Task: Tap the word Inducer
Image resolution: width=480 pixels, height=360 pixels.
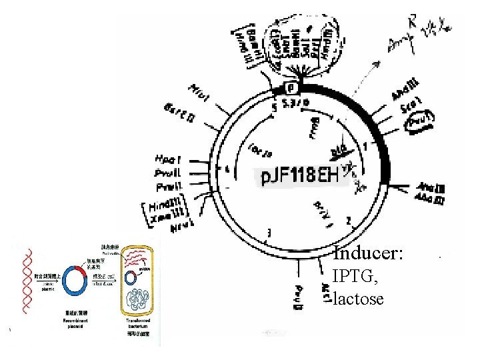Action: coord(368,254)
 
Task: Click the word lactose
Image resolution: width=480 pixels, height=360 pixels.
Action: coord(359,299)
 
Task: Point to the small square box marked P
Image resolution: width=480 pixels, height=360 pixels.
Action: coord(291,88)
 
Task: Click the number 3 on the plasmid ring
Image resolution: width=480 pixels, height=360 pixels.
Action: coord(269,232)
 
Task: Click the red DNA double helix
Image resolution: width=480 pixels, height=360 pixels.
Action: coord(27,274)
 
